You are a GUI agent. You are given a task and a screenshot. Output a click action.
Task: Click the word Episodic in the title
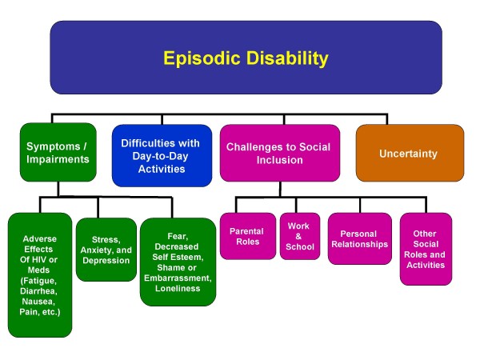202,58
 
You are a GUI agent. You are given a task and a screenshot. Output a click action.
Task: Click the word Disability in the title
287,58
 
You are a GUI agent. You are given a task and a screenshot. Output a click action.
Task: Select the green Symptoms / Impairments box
58,153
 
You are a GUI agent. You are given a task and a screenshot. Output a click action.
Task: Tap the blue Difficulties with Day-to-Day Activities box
162,156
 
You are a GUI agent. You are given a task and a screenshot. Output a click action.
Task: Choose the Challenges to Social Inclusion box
280,153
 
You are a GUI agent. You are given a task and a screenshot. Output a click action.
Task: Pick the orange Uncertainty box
410,153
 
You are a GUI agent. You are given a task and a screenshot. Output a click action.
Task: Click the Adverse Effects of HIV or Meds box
40,275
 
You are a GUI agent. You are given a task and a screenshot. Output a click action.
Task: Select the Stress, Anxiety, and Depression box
106,250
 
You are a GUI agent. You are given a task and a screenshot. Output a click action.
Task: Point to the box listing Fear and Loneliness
178,262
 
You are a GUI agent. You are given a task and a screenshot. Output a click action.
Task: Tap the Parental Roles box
248,236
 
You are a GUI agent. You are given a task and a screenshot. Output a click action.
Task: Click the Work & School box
300,236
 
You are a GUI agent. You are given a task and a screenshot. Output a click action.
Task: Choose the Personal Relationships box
360,238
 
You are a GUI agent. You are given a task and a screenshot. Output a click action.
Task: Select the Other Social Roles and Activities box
426,249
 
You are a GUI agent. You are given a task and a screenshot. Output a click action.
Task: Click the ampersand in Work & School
298,236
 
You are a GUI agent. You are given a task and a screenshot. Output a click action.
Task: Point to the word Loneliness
178,288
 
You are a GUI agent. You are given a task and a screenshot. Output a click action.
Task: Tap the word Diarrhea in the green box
38,291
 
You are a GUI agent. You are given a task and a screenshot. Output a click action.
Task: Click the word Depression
106,261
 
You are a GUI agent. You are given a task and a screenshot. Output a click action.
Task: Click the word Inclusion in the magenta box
280,160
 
